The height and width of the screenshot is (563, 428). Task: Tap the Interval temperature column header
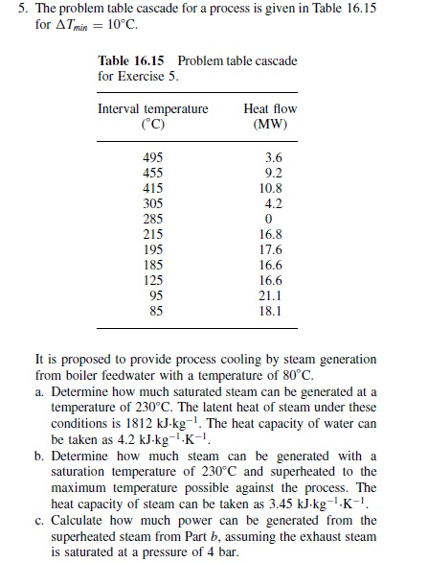(x=152, y=108)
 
